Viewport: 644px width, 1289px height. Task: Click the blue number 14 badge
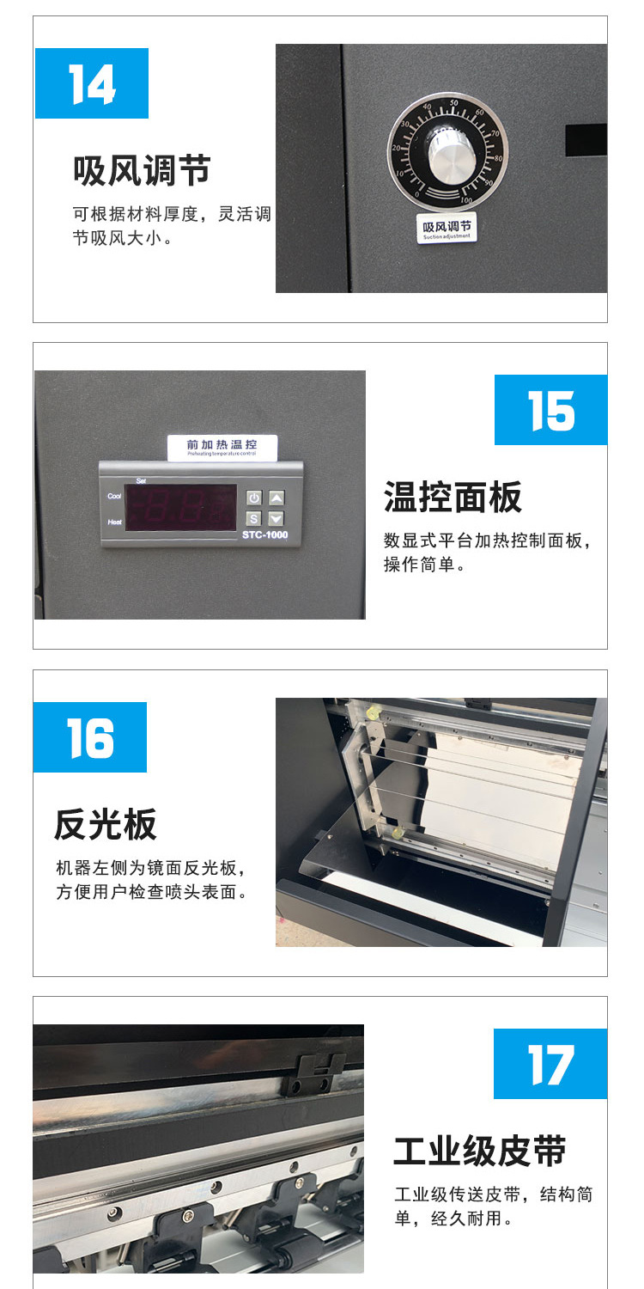pyautogui.click(x=92, y=83)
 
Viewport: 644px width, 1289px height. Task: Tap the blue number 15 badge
pyautogui.click(x=551, y=410)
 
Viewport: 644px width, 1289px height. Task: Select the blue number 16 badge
pyautogui.click(x=90, y=737)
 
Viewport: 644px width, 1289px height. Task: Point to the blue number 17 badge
pyautogui.click(x=550, y=1064)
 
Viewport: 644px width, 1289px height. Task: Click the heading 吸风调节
pyautogui.click(x=142, y=171)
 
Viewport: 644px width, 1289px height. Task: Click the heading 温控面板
pyautogui.click(x=453, y=498)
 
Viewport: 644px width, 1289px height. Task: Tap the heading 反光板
pyautogui.click(x=106, y=825)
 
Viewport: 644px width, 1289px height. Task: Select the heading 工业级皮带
pyautogui.click(x=480, y=1152)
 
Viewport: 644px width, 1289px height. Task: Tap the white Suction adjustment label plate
pyautogui.click(x=447, y=229)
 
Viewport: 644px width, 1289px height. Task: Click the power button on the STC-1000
pyautogui.click(x=254, y=498)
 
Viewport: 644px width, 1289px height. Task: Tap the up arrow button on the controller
pyautogui.click(x=276, y=498)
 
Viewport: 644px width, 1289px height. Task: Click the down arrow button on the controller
pyautogui.click(x=276, y=518)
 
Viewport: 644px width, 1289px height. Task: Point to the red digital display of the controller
pyautogui.click(x=181, y=507)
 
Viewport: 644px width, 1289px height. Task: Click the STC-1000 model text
pyautogui.click(x=265, y=535)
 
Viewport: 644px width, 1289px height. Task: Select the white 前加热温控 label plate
pyautogui.click(x=222, y=447)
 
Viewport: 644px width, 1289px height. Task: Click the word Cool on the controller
pyautogui.click(x=114, y=496)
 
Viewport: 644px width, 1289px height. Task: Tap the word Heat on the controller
pyautogui.click(x=114, y=522)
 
